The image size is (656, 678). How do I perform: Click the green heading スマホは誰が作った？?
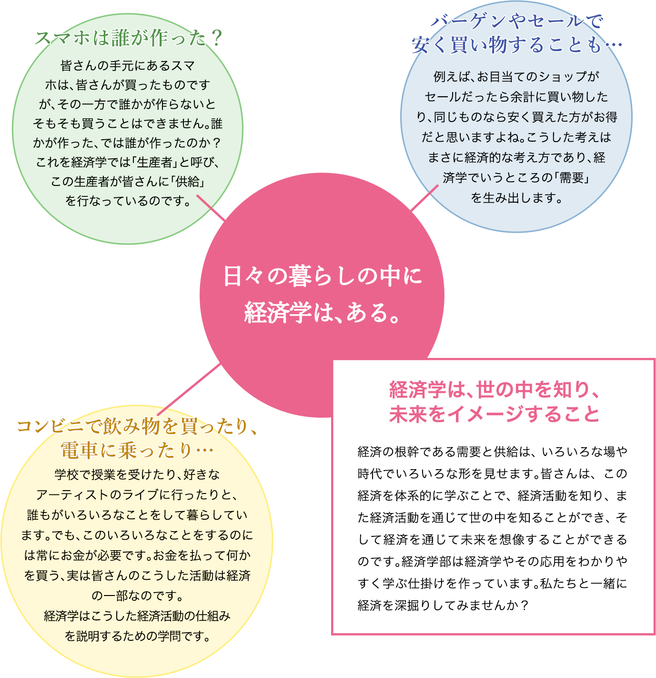tap(129, 38)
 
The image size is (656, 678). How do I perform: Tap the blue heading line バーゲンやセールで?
tap(516, 21)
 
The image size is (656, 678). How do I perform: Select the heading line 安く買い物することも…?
tap(516, 45)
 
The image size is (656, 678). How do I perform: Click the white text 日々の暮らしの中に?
tap(323, 276)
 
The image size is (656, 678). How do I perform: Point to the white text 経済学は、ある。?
tap(323, 312)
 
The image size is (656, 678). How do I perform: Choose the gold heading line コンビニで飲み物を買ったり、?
tap(137, 426)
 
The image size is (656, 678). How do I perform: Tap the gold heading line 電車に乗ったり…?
tap(137, 451)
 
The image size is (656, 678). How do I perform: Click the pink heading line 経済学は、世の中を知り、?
tap(494, 390)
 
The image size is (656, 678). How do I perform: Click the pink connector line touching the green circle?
tap(211, 208)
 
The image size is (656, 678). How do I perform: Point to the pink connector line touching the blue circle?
tap(424, 198)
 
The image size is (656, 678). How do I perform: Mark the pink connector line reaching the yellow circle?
tap(189, 389)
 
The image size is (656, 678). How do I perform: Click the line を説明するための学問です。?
tap(137, 637)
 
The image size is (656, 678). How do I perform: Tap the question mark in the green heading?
tap(217, 38)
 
